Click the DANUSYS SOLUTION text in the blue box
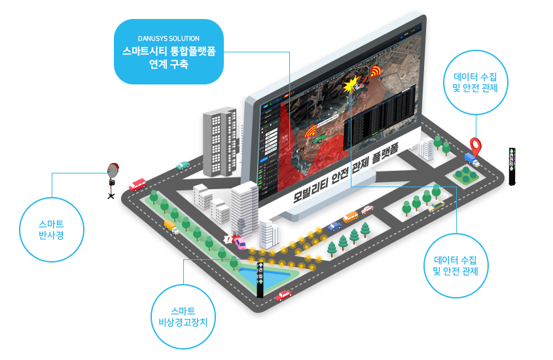point(169,39)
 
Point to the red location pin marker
point(476,145)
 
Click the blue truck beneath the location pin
point(471,158)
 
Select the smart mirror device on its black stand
point(113,177)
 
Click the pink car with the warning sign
point(240,243)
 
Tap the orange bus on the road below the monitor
point(351,216)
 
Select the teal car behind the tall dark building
point(183,166)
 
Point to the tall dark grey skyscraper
point(219,142)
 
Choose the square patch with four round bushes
point(465,173)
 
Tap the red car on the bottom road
point(284,296)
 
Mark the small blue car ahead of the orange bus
point(334,226)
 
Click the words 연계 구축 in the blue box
point(169,64)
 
